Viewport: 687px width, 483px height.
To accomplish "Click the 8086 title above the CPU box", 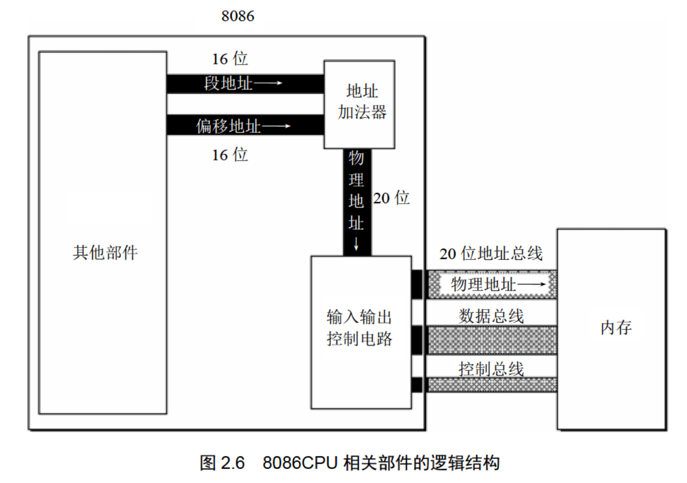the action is click(x=238, y=16).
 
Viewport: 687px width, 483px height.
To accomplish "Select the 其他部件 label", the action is click(x=105, y=253).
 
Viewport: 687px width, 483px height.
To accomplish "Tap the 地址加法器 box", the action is click(x=359, y=104).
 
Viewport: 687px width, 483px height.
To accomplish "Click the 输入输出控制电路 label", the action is click(x=359, y=328).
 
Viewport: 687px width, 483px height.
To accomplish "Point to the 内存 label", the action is click(x=616, y=327).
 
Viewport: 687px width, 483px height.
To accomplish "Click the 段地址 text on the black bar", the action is click(x=228, y=83).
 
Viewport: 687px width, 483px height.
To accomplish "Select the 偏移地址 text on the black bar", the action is click(x=228, y=126).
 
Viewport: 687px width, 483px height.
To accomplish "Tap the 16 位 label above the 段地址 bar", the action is click(x=230, y=59).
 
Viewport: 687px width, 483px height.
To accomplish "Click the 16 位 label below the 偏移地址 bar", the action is click(x=230, y=155).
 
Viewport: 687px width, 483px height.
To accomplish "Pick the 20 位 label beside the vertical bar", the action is click(x=392, y=198).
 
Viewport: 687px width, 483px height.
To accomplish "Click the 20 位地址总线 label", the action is click(x=491, y=254).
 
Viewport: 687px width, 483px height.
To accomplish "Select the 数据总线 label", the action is click(x=491, y=316).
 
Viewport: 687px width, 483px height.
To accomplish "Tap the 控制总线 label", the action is click(x=491, y=368).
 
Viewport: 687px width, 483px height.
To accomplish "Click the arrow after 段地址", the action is click(x=268, y=83).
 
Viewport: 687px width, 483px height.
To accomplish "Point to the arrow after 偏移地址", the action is click(x=276, y=125).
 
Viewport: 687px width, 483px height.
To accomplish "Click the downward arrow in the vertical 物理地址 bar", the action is click(x=356, y=244).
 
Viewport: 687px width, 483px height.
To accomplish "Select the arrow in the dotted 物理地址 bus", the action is click(x=531, y=284).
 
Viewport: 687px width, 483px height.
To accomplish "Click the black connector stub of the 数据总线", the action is click(x=417, y=340).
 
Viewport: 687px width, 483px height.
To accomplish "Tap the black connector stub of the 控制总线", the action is click(x=417, y=385).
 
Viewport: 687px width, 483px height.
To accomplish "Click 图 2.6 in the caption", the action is click(x=222, y=463).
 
